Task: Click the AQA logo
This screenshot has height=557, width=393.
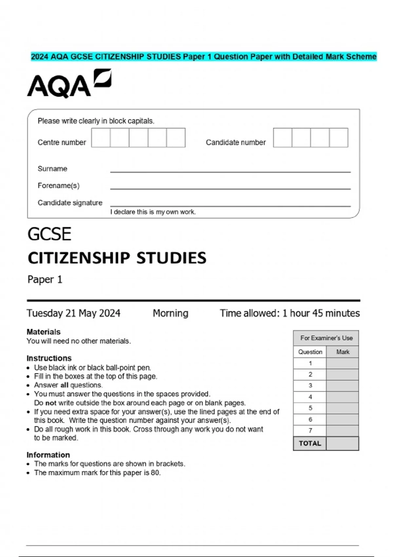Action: pos(69,84)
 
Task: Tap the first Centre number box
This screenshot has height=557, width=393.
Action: pos(101,138)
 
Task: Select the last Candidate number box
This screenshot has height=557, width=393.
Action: pos(339,138)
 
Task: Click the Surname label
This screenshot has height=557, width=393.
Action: pos(52,169)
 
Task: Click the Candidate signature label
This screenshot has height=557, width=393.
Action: pos(70,203)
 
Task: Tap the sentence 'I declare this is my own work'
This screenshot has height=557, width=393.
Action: pos(153,212)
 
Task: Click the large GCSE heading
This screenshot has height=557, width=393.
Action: pos(49,234)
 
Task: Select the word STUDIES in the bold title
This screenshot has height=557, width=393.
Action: pos(171,258)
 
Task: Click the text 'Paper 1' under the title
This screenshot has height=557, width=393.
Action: pos(45,279)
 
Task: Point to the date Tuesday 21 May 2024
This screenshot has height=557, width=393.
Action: pos(73,313)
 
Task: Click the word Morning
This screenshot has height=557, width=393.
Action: pos(170,313)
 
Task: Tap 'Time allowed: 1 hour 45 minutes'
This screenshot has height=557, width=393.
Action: pos(290,313)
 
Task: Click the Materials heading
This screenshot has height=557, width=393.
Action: pos(44,332)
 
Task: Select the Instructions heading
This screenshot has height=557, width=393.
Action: pos(49,358)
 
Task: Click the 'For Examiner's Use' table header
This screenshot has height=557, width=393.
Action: pos(326,338)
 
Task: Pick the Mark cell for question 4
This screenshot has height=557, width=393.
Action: pos(342,397)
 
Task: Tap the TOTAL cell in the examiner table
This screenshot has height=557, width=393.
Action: pos(309,443)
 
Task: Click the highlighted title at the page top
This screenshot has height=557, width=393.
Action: pos(204,57)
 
